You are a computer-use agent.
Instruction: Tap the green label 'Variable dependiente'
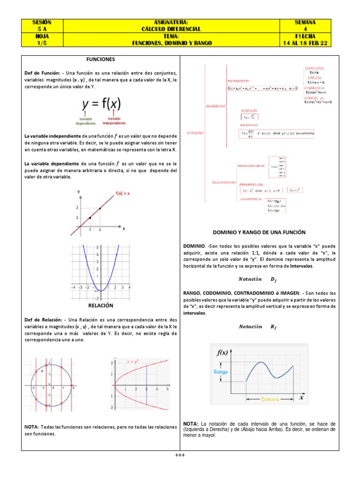86,121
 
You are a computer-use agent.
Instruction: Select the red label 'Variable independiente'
114,121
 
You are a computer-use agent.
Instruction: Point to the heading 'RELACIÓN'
101,305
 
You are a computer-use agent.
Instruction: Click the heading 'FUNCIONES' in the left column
100,60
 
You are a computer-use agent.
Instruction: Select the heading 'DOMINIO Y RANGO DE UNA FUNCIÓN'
259,232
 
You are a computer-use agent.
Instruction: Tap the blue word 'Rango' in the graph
221,372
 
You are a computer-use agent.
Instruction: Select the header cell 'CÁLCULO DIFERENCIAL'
171,29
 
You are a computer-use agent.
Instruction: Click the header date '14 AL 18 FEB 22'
305,43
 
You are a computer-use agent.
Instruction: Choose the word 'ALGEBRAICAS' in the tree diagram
216,106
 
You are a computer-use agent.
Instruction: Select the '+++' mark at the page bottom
180,455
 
